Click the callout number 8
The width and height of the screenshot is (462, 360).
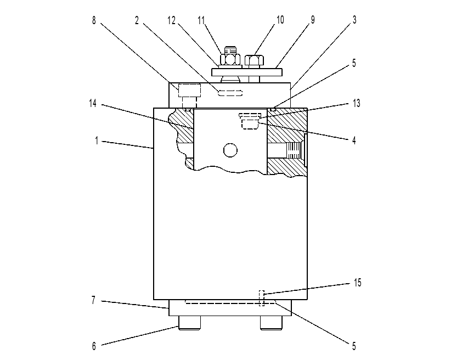pos(94,20)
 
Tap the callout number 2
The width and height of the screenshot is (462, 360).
pos(137,20)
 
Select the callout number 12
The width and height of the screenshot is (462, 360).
pos(172,20)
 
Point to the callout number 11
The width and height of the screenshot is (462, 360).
pos(201,20)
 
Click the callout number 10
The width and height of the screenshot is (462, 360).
pos(280,20)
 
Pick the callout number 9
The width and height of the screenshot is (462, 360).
pos(313,20)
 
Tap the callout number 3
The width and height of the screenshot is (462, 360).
pos(354,20)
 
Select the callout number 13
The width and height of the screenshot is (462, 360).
pos(357,103)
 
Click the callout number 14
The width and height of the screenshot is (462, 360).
pos(93,103)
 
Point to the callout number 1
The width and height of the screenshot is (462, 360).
pos(97,140)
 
